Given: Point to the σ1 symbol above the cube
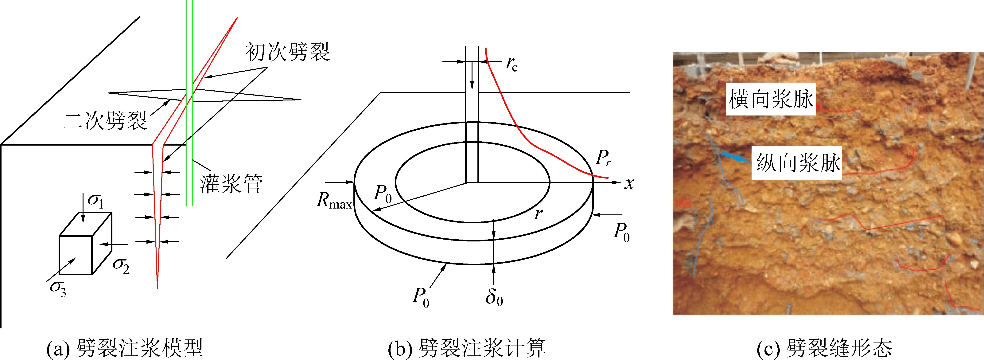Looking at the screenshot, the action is [95, 201].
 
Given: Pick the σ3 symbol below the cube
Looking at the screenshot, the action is [58, 289].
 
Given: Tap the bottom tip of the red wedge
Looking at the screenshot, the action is [157, 288].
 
